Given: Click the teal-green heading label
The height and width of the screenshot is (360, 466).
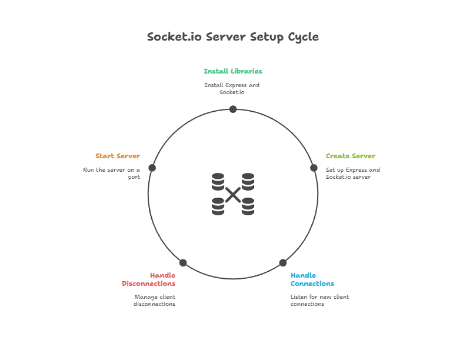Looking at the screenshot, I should pos(233,71).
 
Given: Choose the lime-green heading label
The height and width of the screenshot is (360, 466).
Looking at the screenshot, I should pos(351,156).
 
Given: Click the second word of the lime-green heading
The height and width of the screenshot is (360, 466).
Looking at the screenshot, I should pos(365,156).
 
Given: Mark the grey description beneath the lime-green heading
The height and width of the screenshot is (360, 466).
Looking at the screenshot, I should pos(353,172).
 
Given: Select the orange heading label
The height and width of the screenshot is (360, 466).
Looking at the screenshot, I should pos(118,156).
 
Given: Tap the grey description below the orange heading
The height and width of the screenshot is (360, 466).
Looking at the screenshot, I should pos(111,172).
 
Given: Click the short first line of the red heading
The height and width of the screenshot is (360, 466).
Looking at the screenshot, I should pos(162,275).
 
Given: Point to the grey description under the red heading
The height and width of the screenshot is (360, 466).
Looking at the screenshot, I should pos(155,300).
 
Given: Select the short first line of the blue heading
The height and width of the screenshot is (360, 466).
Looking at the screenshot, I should pos(304,275).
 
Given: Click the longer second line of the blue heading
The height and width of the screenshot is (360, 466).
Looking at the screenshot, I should pos(312,284).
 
